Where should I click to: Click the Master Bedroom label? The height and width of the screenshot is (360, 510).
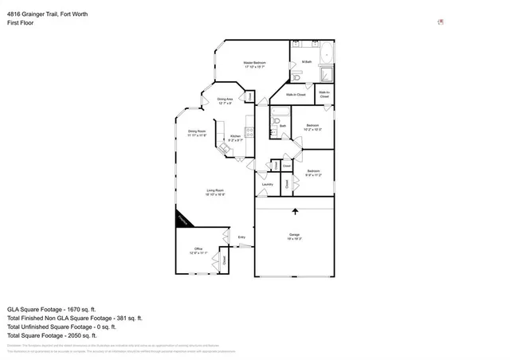[x=255, y=65]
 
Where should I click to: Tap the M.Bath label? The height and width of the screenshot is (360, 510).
[x=307, y=62]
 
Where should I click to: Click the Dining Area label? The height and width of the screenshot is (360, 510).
[x=225, y=101]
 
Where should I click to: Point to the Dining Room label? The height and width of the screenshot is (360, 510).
[x=197, y=133]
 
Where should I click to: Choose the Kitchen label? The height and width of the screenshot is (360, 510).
[x=235, y=139]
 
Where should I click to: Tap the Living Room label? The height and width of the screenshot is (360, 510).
[x=215, y=192]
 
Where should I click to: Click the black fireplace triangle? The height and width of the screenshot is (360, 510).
[x=182, y=219]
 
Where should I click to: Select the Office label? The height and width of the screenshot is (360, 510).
[x=198, y=251]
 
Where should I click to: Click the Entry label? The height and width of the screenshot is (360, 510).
[x=241, y=237]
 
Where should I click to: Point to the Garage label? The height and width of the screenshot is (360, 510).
[x=294, y=237]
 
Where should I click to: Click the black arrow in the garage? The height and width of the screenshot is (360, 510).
[x=296, y=212]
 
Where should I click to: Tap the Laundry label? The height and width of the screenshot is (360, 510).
[x=267, y=185]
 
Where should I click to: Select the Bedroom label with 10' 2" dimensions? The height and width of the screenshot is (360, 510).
[x=313, y=127]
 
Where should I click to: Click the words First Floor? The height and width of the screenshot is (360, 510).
[x=21, y=23]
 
